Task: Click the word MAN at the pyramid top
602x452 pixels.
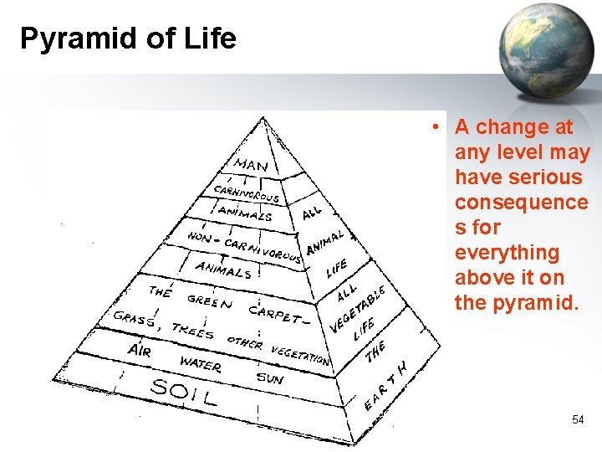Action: [x=250, y=165]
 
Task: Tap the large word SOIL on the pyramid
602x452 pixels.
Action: [x=183, y=391]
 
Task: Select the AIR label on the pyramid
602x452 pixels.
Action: [x=139, y=349]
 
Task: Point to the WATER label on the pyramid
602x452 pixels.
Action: [x=201, y=365]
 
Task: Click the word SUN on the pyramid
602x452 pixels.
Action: [x=270, y=378]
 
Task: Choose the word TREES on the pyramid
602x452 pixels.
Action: [x=192, y=330]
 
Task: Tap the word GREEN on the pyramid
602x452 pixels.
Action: [x=210, y=300]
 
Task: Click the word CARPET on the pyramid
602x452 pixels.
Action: [x=271, y=314]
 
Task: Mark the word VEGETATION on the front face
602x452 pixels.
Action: [x=300, y=355]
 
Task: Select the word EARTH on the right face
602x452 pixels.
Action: [x=386, y=388]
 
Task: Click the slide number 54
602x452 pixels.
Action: [x=578, y=419]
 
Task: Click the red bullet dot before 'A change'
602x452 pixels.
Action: [x=436, y=128]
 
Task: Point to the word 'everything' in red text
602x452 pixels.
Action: [x=507, y=253]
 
